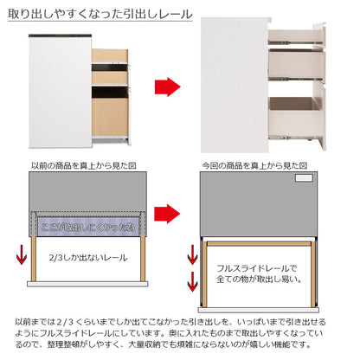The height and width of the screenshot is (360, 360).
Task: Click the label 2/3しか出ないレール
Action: point(86,256)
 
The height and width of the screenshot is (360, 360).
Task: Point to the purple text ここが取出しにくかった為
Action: point(87,227)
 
